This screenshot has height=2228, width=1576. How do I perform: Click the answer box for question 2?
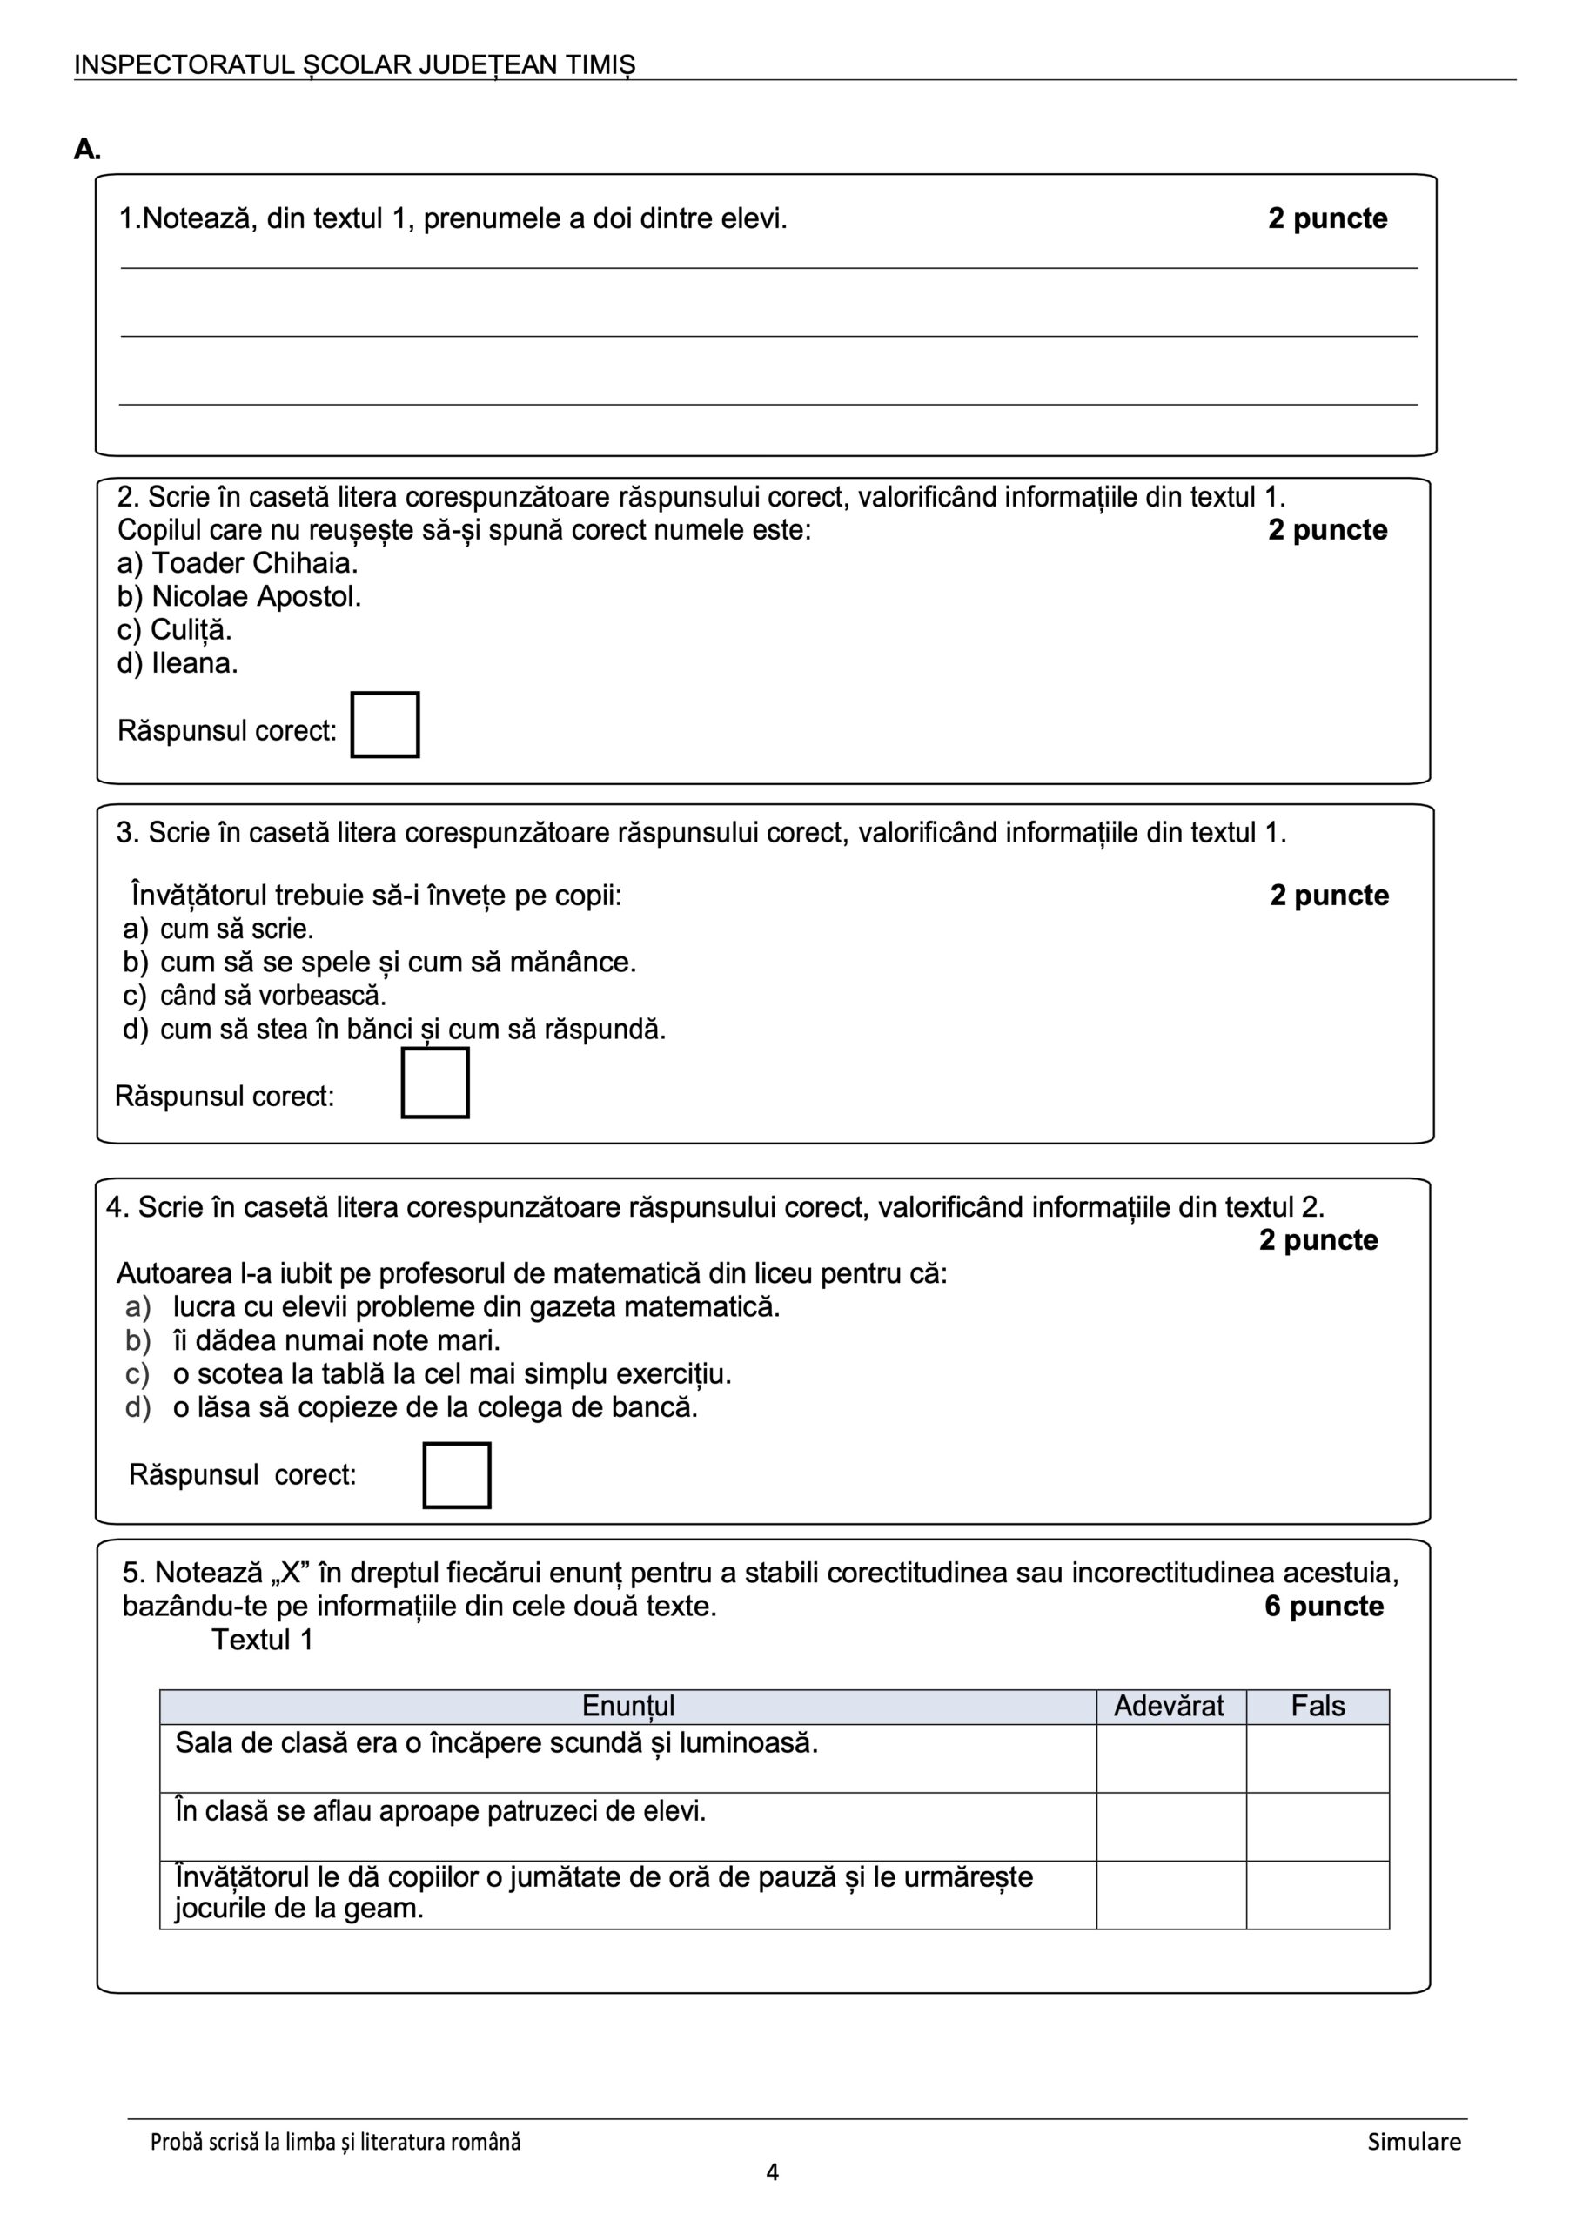[x=385, y=724]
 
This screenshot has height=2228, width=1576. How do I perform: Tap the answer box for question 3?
[x=435, y=1082]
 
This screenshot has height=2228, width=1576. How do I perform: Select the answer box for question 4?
[x=456, y=1475]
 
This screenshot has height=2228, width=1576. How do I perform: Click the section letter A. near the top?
[x=87, y=150]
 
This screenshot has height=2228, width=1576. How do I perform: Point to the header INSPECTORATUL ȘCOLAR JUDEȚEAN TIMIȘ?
[x=354, y=65]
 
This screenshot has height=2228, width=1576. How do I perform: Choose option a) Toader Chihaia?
[x=238, y=563]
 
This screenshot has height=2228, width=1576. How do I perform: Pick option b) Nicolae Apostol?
[x=238, y=596]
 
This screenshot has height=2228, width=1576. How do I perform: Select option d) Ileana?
[x=178, y=664]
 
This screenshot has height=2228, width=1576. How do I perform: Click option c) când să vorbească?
[x=254, y=996]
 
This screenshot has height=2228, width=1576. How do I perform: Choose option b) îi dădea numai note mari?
[x=312, y=1340]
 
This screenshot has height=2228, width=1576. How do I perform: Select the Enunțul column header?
[x=628, y=1706]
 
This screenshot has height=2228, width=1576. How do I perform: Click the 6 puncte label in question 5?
[x=1323, y=1606]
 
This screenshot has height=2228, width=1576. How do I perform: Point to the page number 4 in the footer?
[x=773, y=2171]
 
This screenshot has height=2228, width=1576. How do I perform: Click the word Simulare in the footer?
[x=1413, y=2142]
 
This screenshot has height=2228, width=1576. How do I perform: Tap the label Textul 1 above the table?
[x=262, y=1640]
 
